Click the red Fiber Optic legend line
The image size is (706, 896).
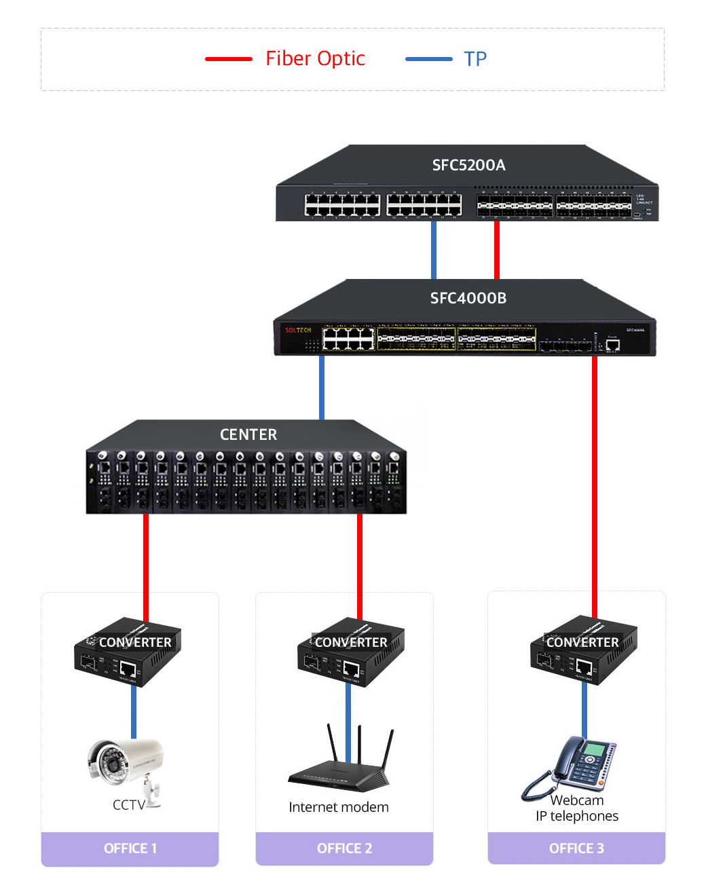pos(229,59)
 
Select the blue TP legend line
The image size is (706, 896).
pos(428,59)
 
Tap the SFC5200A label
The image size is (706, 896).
pos(468,165)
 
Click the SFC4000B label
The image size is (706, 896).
pos(468,298)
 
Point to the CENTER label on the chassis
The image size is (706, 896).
pos(248,434)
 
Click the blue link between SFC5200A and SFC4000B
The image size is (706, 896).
pos(434,249)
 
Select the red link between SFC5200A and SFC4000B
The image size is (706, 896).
pos(497,249)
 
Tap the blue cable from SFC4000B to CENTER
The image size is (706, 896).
pos(322,387)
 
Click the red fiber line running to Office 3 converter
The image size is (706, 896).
pos(595,475)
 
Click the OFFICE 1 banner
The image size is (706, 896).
pos(130,848)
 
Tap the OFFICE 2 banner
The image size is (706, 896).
pos(344,848)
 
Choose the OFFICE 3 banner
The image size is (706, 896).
pos(576,848)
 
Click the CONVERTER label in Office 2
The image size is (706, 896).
pos(351,642)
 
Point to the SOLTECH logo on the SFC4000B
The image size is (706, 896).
pos(298,331)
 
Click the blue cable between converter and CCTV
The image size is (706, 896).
pos(134,713)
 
